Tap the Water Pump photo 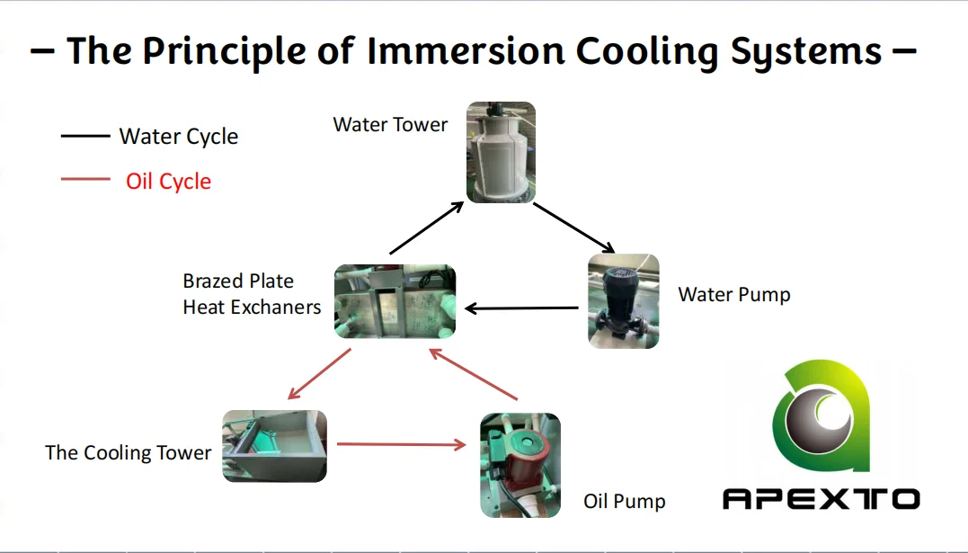tap(623, 300)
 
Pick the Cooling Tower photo tap(274, 445)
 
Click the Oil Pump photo tap(520, 464)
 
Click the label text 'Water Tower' tap(390, 125)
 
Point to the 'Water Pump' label tap(733, 294)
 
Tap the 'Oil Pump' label tap(624, 501)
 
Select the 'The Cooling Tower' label tap(128, 452)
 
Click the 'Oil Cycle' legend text tap(168, 181)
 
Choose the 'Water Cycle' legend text tap(179, 137)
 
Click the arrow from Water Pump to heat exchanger tap(521, 309)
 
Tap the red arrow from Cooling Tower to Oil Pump tap(401, 443)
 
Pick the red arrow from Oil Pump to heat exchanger tap(475, 374)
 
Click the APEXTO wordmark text tap(821, 498)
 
